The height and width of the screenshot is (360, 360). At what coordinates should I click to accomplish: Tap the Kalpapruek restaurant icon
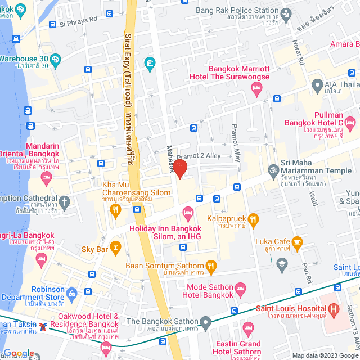(254, 218)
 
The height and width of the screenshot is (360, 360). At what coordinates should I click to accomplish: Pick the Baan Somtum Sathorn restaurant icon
(211, 265)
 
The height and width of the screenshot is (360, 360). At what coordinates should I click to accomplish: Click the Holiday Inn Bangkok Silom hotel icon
(188, 212)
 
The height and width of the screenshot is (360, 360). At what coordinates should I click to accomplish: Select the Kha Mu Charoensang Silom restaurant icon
(115, 211)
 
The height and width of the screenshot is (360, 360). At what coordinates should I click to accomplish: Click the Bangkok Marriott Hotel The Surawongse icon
(256, 87)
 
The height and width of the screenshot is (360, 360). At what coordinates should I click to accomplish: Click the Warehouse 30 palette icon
(55, 58)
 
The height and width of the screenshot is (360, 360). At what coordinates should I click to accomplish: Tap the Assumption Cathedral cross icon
(65, 201)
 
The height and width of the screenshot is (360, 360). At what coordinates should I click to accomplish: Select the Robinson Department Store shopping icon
(71, 293)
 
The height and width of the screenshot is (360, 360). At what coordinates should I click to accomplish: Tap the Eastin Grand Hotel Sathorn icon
(248, 327)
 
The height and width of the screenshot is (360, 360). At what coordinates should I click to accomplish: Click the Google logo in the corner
(19, 353)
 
